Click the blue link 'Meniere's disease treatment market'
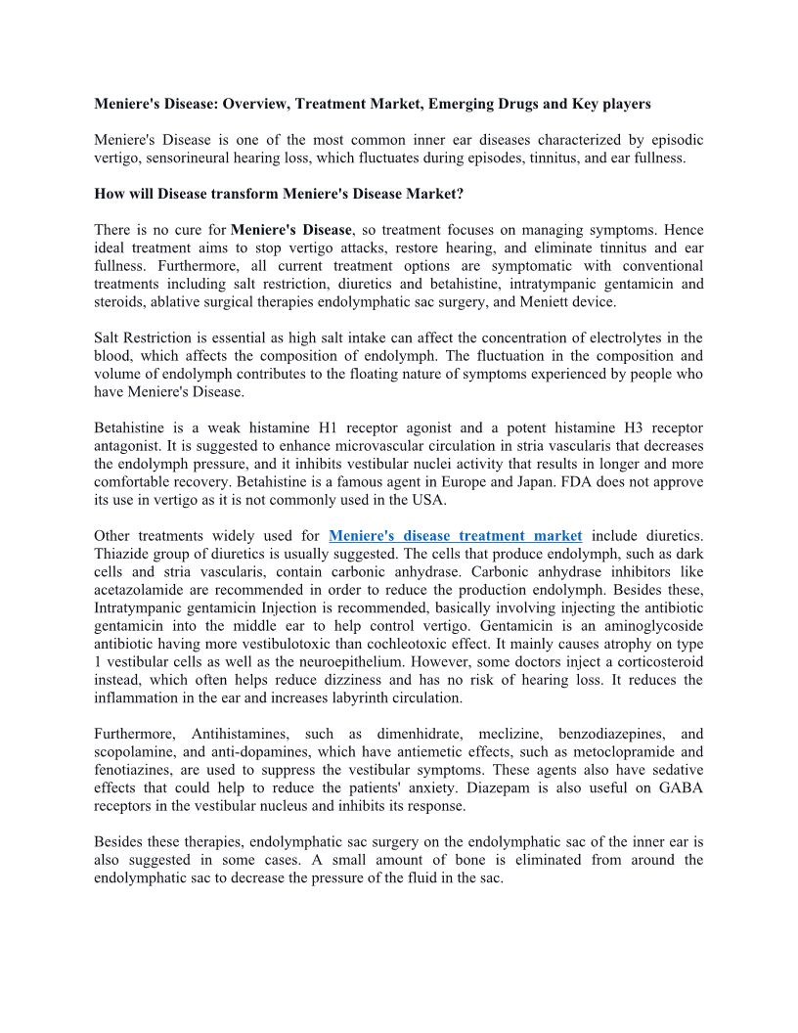(456, 535)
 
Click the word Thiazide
(122, 554)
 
